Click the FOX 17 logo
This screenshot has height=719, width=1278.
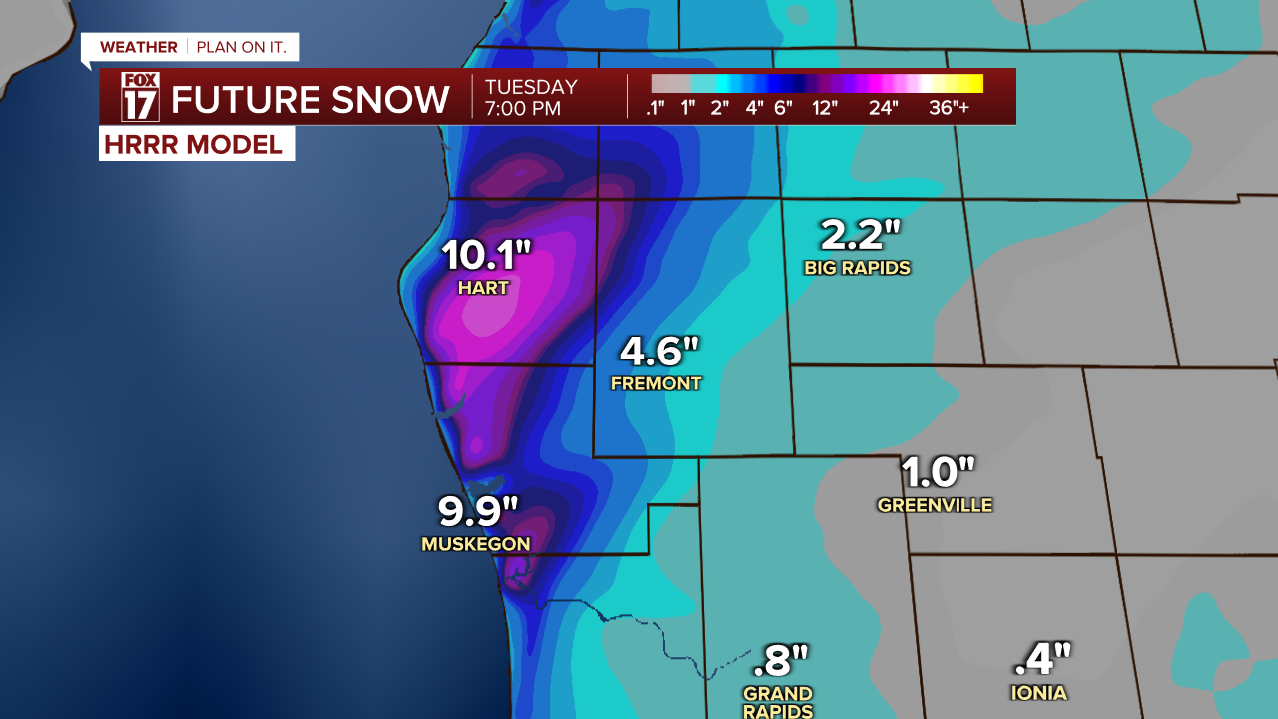coord(140,97)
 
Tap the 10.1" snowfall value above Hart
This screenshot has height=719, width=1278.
coord(485,256)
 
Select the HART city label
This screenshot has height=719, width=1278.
coord(483,288)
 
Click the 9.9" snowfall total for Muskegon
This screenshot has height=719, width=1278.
coord(479,511)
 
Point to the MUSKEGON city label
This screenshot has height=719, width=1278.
coord(475,544)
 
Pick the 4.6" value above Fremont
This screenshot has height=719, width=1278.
coord(659,352)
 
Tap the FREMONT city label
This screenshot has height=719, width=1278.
coord(656,383)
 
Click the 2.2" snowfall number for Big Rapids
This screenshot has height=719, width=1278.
coord(860,236)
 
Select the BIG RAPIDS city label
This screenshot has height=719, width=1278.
coord(857,268)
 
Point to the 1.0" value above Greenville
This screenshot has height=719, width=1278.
coord(937,472)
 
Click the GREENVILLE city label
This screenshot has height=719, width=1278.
coord(935,505)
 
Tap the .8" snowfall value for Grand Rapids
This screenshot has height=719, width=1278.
coord(778,660)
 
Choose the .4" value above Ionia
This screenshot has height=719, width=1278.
coord(1042,659)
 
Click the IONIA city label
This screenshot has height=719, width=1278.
coord(1038,693)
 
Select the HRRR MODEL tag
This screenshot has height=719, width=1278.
coord(193,144)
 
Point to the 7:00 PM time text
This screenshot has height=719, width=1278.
coord(523,109)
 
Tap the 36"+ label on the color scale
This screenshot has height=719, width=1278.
coord(949,108)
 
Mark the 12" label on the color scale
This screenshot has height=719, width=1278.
coord(824,108)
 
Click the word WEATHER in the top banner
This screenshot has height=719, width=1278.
coord(139,47)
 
